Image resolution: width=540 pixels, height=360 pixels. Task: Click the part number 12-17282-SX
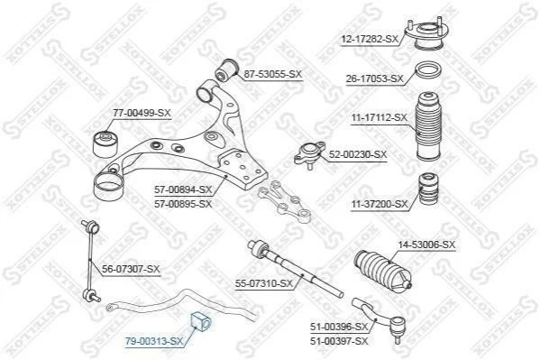[370, 40]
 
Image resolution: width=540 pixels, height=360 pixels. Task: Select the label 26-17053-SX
[375, 79]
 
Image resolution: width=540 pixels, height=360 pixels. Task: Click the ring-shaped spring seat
[428, 71]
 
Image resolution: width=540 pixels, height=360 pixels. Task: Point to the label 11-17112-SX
[380, 118]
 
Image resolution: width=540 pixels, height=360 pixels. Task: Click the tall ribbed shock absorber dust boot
[428, 125]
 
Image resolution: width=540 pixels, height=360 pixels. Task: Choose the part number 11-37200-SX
[380, 205]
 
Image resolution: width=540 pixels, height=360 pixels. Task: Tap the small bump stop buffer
[429, 189]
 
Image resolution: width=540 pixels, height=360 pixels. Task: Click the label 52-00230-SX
[358, 155]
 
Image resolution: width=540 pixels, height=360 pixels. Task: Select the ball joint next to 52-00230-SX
[309, 154]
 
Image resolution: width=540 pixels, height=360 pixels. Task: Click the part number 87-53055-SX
[273, 74]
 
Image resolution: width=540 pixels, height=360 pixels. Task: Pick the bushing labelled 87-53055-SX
[226, 70]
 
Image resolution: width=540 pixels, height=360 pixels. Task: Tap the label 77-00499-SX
[142, 113]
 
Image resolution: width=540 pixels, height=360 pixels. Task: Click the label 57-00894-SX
[183, 189]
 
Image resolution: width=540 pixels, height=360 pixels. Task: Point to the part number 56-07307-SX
[131, 269]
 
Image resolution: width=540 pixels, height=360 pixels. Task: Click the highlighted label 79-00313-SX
[154, 342]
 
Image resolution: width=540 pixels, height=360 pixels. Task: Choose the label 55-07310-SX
[264, 284]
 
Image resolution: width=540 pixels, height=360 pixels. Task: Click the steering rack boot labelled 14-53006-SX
[382, 272]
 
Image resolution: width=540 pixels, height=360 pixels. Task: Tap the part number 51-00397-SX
[339, 341]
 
